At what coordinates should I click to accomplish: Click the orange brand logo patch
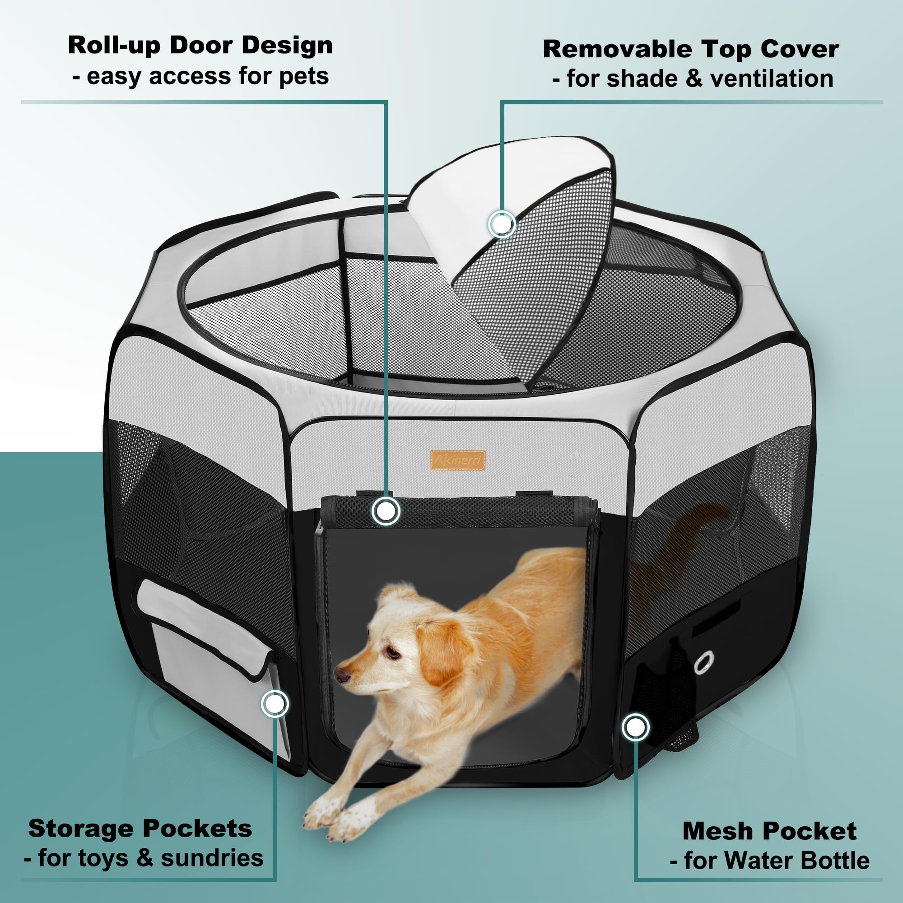coord(457,461)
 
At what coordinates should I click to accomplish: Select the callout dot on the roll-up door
coord(386,511)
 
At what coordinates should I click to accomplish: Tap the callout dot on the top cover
coord(502,224)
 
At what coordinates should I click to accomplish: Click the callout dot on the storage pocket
coord(275,703)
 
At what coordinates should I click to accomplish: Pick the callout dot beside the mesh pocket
coord(635,727)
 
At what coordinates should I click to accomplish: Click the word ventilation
coord(772,78)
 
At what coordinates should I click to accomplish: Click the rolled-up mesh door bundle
coord(459,512)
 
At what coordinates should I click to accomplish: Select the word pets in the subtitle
coord(304,76)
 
